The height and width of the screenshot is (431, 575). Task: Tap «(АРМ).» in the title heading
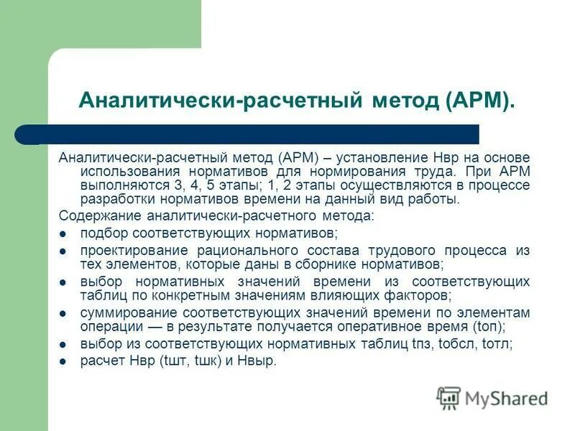tap(480, 100)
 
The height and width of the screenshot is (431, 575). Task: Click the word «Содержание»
tap(100, 215)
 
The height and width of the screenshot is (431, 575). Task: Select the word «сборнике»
tap(341, 264)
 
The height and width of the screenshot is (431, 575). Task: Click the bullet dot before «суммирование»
tap(63, 313)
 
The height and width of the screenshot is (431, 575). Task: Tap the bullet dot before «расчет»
tap(63, 361)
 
